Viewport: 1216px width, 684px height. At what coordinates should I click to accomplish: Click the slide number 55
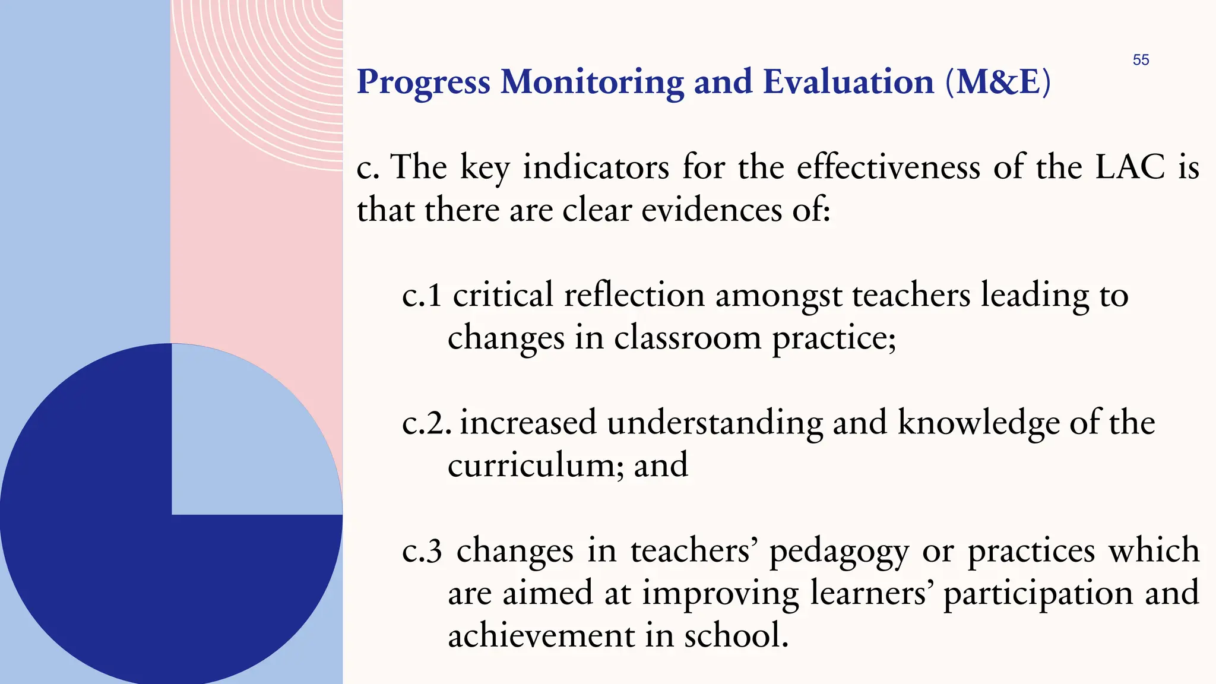1141,60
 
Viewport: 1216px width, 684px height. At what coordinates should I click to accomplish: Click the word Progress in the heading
423,83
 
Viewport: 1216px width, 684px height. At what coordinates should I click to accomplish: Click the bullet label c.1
422,295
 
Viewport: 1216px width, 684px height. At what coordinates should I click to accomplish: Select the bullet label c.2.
426,423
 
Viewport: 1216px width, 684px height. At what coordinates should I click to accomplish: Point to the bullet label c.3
422,551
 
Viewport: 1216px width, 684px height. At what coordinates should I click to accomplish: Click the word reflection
634,295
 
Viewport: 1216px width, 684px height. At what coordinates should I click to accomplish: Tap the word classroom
687,338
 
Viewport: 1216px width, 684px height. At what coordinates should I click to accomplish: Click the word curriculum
536,465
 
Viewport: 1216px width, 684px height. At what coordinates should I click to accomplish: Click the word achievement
541,635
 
